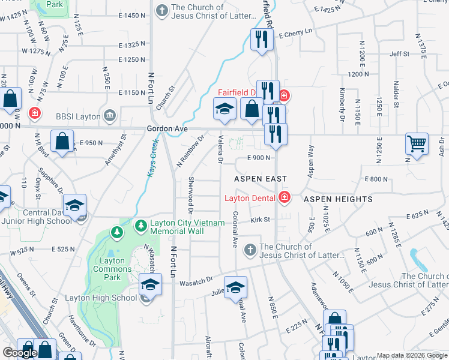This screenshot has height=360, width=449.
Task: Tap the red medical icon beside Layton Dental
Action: point(284,197)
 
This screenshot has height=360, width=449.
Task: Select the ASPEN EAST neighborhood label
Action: point(261,179)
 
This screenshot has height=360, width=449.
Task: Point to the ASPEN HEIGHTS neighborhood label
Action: point(338,199)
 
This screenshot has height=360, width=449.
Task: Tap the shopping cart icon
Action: point(417,143)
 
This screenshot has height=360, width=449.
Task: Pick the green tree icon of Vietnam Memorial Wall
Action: point(141,226)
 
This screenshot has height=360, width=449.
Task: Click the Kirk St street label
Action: point(262,220)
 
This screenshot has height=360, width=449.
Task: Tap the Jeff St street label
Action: point(399,54)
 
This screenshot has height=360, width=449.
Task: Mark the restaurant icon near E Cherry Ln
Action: point(261,40)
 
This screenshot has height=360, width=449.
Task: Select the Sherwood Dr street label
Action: point(191,195)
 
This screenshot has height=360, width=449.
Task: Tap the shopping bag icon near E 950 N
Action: point(62,141)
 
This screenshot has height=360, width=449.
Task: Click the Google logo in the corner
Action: point(20,353)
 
